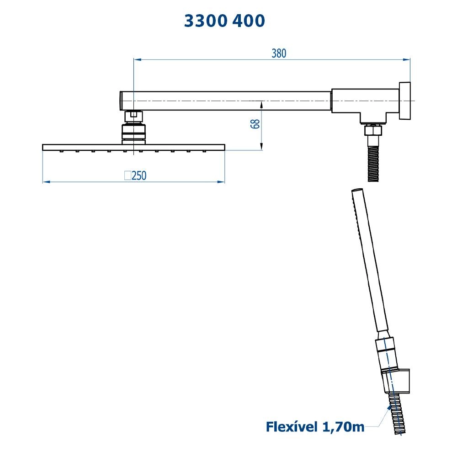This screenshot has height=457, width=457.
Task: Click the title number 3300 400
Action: [x=224, y=21]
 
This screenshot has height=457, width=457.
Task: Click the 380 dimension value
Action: [x=278, y=53]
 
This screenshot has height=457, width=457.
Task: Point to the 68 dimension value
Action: [x=255, y=124]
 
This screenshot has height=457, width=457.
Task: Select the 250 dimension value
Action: [x=139, y=175]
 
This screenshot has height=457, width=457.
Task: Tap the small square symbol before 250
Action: [x=128, y=175]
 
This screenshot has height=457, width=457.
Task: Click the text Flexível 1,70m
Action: [x=315, y=427]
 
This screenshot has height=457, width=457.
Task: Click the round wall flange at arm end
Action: [x=404, y=101]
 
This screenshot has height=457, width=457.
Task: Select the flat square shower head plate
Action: [x=133, y=147]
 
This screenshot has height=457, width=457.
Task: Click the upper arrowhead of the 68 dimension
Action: [x=261, y=104]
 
